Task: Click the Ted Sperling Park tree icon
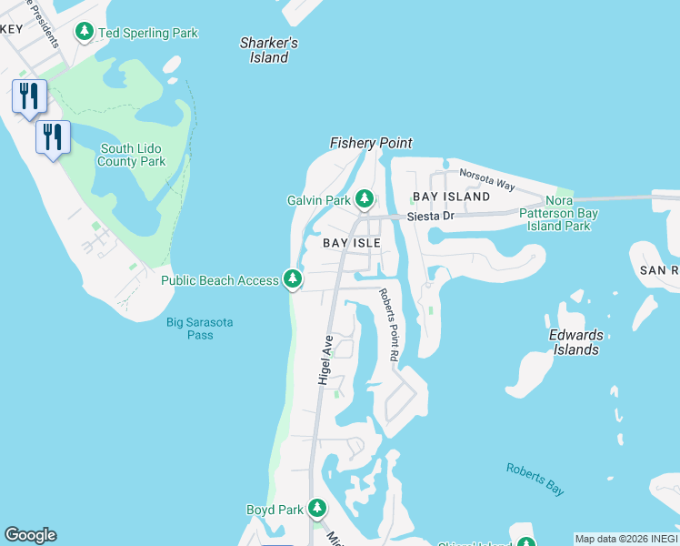[x=85, y=33]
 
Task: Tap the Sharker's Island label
[x=268, y=50]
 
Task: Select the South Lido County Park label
[x=133, y=155]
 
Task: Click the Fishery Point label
[x=370, y=143]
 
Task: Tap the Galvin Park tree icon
[x=365, y=198]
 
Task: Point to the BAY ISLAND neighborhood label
[x=451, y=197]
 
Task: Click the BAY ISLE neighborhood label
[x=351, y=243]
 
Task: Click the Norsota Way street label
[x=486, y=179]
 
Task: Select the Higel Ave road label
[x=325, y=359]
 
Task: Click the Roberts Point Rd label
[x=388, y=327]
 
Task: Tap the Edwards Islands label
[x=575, y=342]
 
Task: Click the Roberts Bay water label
[x=535, y=480]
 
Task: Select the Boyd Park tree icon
[x=316, y=508]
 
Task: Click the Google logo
[x=30, y=535]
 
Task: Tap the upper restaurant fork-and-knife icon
[x=29, y=96]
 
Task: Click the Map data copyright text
[x=626, y=539]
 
